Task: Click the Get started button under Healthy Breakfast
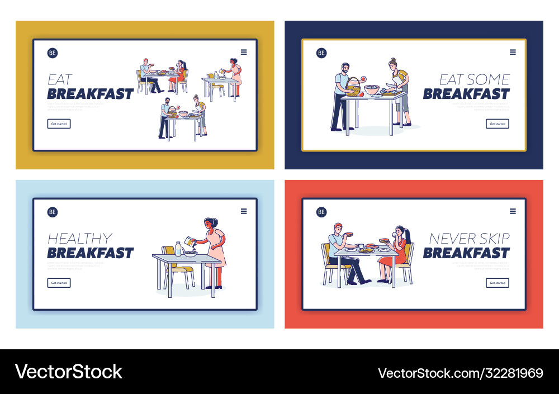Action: (x=59, y=283)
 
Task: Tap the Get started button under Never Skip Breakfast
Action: (x=497, y=283)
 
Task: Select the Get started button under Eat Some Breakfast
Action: (x=497, y=124)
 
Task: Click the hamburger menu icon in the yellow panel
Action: (x=244, y=52)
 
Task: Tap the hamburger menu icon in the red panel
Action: (x=513, y=211)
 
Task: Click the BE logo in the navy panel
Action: (x=321, y=53)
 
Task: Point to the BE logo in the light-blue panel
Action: (x=53, y=212)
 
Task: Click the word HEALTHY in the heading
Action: (x=80, y=239)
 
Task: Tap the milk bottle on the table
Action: (x=178, y=249)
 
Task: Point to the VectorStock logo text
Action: (x=68, y=372)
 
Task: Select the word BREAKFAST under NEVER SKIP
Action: (x=466, y=253)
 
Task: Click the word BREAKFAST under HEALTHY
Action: (x=91, y=253)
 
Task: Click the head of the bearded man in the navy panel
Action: (x=345, y=68)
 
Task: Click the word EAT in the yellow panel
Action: (x=60, y=79)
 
